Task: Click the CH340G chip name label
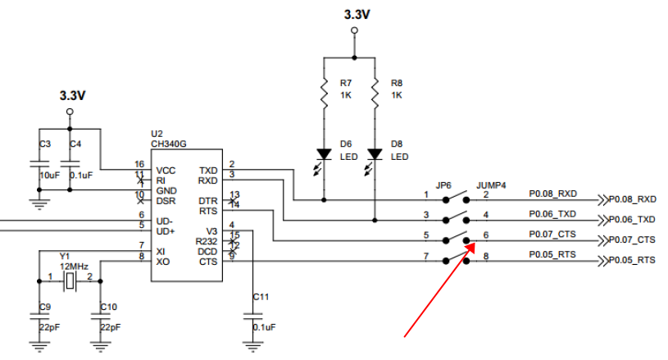click(x=168, y=144)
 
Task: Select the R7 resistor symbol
click(x=325, y=89)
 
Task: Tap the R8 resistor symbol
click(x=375, y=89)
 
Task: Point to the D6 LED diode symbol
click(x=325, y=154)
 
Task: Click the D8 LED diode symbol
click(x=375, y=154)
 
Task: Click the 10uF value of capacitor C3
click(x=49, y=175)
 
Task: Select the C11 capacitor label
click(x=261, y=296)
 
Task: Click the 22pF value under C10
click(x=109, y=327)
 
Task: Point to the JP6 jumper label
click(x=444, y=185)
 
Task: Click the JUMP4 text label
click(x=491, y=185)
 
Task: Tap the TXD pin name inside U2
click(x=208, y=171)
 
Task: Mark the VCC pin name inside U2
click(x=166, y=171)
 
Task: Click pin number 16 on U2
click(x=139, y=165)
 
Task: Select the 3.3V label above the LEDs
click(x=354, y=14)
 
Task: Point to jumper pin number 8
click(x=486, y=256)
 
